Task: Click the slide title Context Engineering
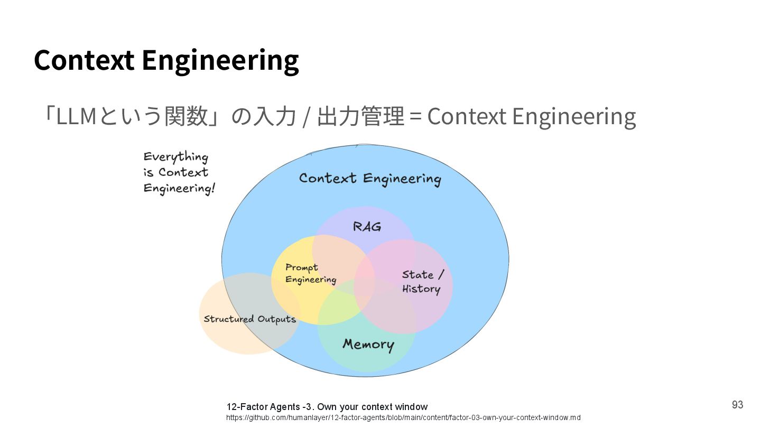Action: [166, 60]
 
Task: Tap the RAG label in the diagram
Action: [367, 227]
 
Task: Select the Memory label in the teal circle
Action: [368, 345]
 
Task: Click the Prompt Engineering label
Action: [310, 274]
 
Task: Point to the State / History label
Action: [422, 282]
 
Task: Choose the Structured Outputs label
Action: [249, 319]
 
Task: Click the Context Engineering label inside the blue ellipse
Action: [369, 179]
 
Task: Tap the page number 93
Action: [737, 405]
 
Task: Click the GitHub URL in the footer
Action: [403, 418]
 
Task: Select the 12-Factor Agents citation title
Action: [327, 407]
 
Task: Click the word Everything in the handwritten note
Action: [175, 157]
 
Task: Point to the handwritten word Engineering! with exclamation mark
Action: [179, 188]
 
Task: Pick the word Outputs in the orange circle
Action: [276, 319]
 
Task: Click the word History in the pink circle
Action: [421, 289]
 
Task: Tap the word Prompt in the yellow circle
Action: [302, 267]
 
